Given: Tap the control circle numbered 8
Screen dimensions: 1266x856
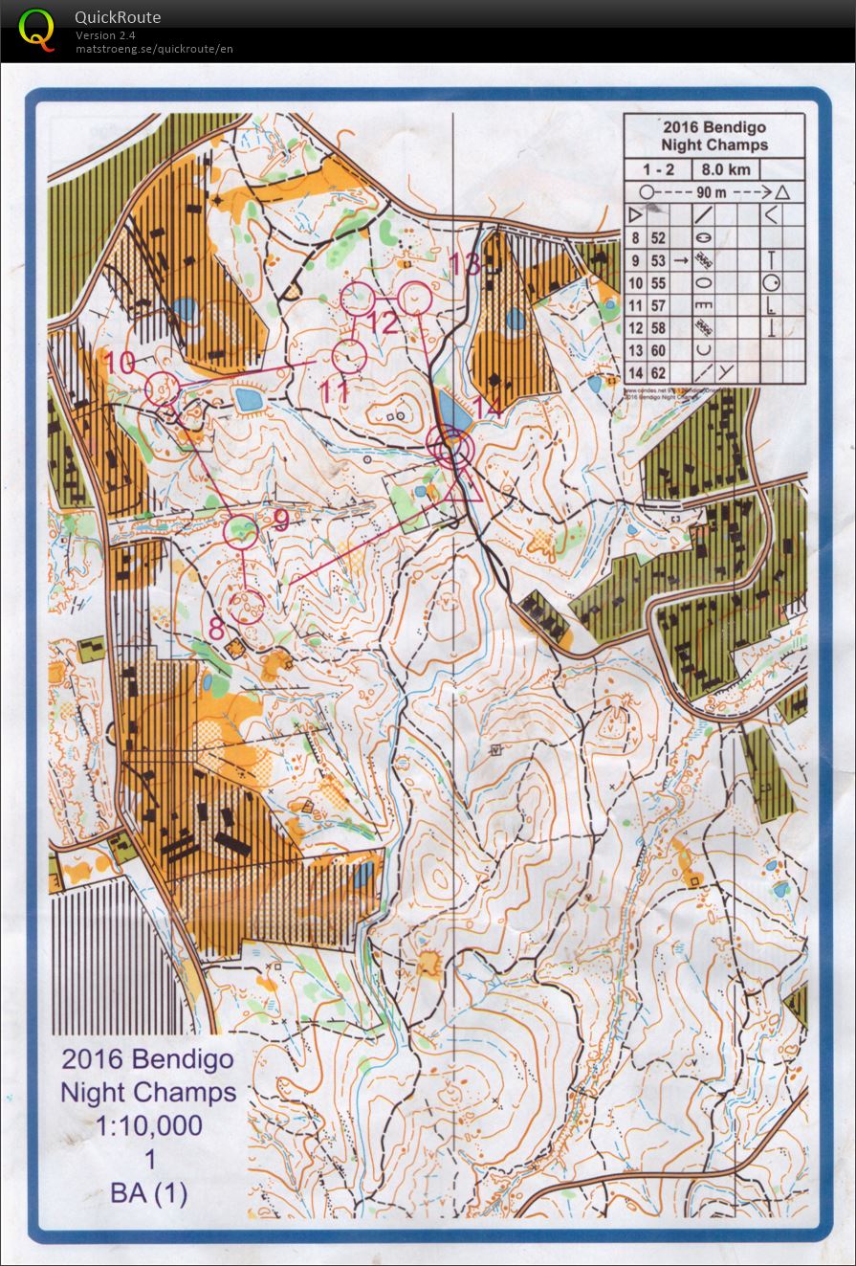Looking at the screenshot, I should pos(248,605).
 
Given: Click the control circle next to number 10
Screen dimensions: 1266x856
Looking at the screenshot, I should pos(162,389).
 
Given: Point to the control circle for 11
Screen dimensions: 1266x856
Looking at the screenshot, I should pos(349,356).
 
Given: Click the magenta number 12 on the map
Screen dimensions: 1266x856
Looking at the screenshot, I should pos(383,322).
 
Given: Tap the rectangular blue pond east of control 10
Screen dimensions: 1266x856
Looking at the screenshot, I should pos(249,399).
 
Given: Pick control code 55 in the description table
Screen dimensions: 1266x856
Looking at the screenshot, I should pos(658,283).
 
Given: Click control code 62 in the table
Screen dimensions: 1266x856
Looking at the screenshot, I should pos(658,373).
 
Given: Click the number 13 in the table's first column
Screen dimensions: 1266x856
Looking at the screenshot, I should pos(635,351).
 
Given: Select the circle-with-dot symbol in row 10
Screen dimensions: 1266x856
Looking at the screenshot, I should pos(772,283).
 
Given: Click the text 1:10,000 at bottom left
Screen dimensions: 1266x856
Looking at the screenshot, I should pos(148,1126).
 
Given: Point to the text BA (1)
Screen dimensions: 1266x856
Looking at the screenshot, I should pos(148,1193).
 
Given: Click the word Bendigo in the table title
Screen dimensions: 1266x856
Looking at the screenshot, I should pos(733,127).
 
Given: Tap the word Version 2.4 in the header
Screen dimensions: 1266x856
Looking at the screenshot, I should pos(106,35).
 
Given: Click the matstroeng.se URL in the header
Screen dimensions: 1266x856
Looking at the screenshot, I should pos(154,48).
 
